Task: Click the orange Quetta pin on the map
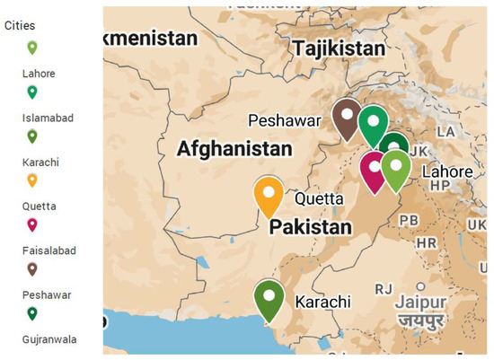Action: [x=269, y=195]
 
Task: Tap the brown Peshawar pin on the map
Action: [x=347, y=119]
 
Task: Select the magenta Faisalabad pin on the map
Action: [x=374, y=170]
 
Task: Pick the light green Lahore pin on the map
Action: [x=396, y=169]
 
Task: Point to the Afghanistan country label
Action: [x=234, y=148]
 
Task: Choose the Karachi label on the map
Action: [x=322, y=302]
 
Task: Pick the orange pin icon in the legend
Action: [x=32, y=180]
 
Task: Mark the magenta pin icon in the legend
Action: [x=32, y=224]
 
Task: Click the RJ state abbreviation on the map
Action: [x=384, y=288]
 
